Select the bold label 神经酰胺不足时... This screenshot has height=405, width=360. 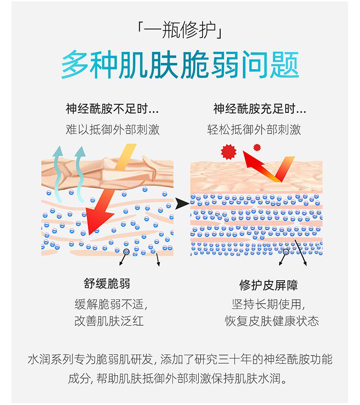112,109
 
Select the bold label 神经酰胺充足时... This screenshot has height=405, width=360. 260,109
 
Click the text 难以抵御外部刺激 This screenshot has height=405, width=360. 112,130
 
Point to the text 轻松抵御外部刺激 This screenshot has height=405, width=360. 254,130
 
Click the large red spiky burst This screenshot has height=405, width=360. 228,151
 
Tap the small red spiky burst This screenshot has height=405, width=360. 257,147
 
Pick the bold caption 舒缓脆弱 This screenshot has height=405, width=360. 107,283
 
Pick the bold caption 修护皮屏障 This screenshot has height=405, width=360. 269,285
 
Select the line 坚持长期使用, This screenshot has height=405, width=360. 268,304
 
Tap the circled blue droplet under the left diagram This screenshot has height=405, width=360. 126,252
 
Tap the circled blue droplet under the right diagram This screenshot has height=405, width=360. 286,252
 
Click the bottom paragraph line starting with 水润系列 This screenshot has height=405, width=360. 180,359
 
